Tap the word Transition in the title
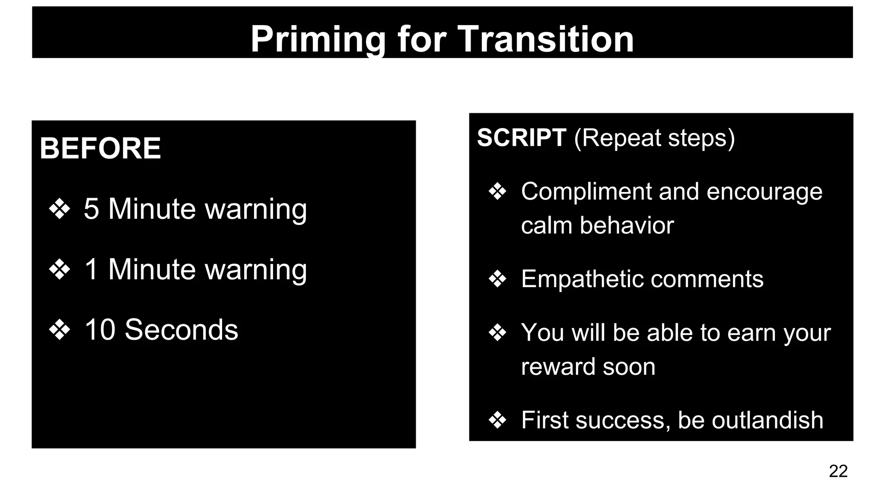point(545,39)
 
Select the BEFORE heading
point(100,148)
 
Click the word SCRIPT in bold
point(522,138)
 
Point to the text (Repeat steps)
point(654,138)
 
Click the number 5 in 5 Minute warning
point(91,209)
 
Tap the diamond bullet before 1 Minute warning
point(59,269)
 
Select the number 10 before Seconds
point(100,330)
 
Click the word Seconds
point(181,330)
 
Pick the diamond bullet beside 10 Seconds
point(59,330)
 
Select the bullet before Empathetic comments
point(497,279)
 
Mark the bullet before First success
point(497,420)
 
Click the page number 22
point(838,471)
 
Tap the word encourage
point(764,192)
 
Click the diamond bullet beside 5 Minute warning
point(59,209)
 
